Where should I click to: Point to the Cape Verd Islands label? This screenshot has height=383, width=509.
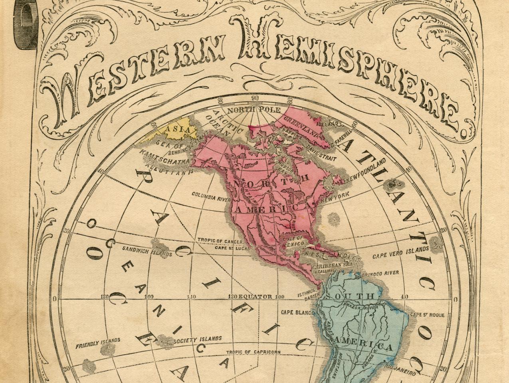pos(400,253)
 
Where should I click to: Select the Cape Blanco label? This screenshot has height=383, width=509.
pos(298,312)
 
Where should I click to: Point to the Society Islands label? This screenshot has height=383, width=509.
pos(198,340)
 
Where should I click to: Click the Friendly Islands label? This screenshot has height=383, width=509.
pos(98,343)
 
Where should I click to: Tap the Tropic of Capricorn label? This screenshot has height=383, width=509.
pos(253,352)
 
